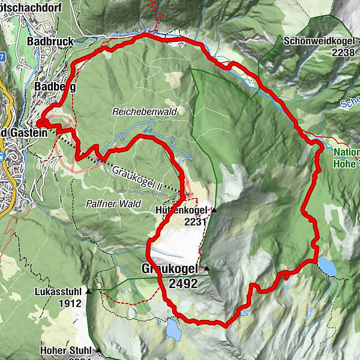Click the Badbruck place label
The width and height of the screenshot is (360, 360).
[50, 42]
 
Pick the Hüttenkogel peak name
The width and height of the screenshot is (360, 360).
[181, 211]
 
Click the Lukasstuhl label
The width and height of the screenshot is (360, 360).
[59, 292]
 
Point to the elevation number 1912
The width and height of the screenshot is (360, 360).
[70, 303]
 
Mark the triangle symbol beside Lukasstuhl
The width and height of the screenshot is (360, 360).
[89, 292]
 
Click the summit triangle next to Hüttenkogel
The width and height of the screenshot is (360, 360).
[213, 211]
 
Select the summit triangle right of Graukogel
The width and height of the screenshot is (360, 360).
[206, 268]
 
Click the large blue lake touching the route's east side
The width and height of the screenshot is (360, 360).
[327, 266]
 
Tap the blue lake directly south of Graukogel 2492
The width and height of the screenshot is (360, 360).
[173, 329]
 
